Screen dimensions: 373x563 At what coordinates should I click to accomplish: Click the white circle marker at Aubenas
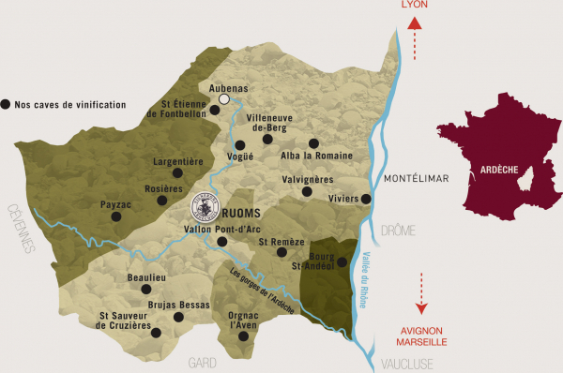coord(224,98)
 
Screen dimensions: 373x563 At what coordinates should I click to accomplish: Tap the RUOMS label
coord(240,213)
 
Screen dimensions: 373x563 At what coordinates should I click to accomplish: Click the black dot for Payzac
coord(116,216)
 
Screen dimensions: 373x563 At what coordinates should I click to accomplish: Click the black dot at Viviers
coord(366,199)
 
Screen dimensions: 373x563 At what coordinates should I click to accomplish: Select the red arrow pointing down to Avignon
coord(422,293)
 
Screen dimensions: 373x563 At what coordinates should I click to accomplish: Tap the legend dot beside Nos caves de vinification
coord(8,104)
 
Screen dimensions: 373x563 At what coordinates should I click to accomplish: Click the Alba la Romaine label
coord(317,156)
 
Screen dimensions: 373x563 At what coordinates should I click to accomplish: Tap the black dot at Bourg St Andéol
coord(342,262)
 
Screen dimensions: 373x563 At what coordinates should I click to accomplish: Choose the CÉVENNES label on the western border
coord(21,230)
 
